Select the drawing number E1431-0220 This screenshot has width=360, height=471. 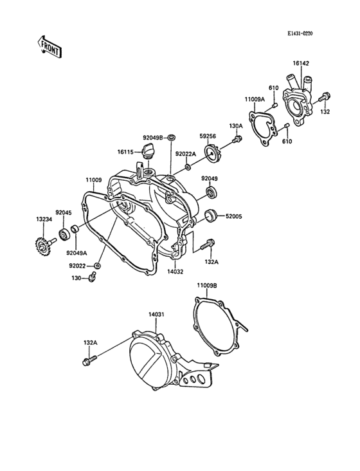click(x=300, y=33)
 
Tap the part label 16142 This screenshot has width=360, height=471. click(x=301, y=64)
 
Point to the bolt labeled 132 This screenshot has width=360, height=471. click(x=325, y=97)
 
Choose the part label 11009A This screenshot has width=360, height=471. click(x=255, y=99)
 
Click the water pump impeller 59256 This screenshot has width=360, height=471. click(x=212, y=153)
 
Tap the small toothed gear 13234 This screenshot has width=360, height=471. click(x=44, y=246)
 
